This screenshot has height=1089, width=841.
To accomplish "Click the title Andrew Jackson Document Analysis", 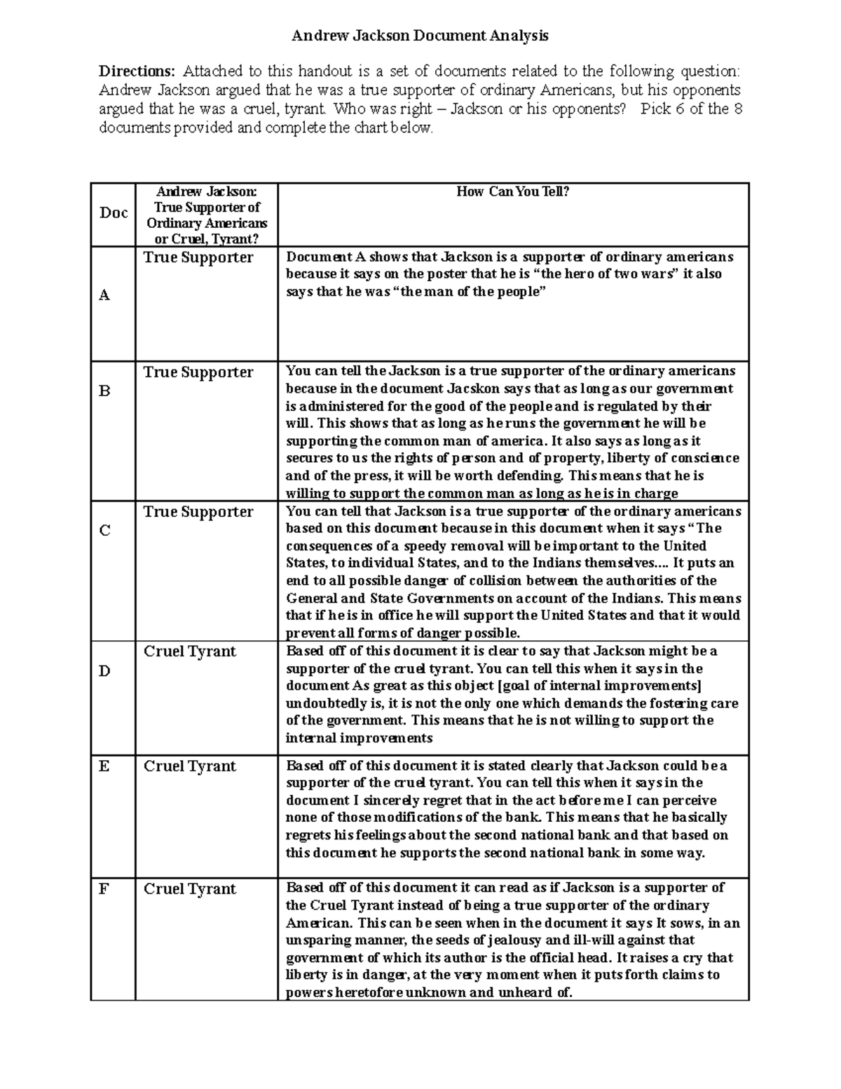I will [420, 35].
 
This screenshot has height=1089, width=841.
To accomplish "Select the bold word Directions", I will [137, 71].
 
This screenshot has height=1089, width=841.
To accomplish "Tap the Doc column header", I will [113, 213].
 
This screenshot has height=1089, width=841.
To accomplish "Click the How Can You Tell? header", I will [513, 191].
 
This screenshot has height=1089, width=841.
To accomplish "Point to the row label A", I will [104, 295].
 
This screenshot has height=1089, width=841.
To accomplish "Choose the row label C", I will [104, 531].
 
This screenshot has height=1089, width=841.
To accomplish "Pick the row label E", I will [104, 766].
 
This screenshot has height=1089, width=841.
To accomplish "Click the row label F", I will [104, 889].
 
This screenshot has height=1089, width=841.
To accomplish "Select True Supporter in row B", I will [198, 372].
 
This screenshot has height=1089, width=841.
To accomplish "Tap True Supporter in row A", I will [198, 257].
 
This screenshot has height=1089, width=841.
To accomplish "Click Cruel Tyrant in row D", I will [190, 651].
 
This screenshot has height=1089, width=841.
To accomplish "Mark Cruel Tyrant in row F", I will [190, 889].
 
